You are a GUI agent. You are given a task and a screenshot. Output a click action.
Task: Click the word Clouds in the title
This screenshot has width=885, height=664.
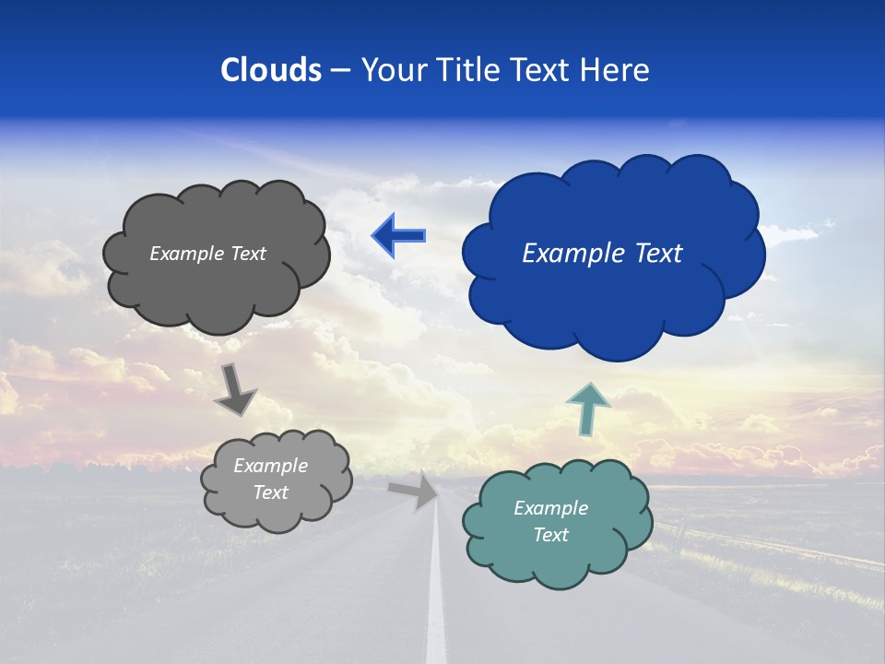pyautogui.click(x=270, y=70)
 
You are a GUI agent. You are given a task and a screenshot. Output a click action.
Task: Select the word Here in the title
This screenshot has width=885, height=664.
pyautogui.click(x=616, y=70)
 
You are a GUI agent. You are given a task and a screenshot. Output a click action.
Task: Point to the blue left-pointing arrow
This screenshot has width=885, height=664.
pyautogui.click(x=398, y=235)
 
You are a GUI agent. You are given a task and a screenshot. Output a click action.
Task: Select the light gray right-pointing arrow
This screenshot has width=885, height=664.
pyautogui.click(x=415, y=491)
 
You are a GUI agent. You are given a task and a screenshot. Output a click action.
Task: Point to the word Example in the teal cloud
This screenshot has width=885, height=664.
pyautogui.click(x=550, y=508)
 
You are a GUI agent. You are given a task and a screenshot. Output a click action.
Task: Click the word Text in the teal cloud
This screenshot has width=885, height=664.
pyautogui.click(x=550, y=535)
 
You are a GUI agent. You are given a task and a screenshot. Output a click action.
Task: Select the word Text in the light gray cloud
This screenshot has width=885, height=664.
pyautogui.click(x=270, y=492)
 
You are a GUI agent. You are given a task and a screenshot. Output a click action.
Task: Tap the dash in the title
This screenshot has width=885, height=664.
pyautogui.click(x=339, y=71)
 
